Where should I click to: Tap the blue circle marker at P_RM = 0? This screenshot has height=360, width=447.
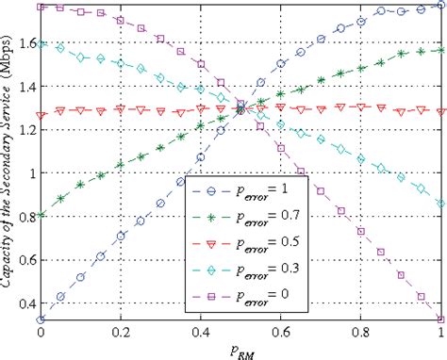point(41,319)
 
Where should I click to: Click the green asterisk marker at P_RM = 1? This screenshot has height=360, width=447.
point(439,51)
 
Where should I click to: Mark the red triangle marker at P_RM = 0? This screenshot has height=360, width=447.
point(41,115)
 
